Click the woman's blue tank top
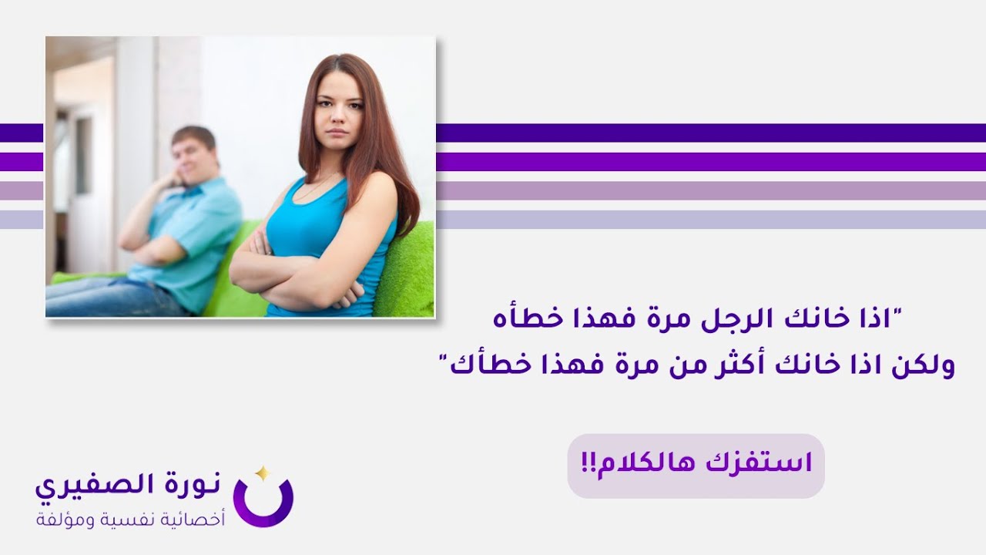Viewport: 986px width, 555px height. click(324, 231)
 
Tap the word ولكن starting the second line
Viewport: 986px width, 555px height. click(924, 365)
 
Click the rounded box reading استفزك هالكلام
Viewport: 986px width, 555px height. click(696, 465)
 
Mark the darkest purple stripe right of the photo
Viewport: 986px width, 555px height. click(709, 133)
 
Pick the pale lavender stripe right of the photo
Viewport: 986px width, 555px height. click(709, 219)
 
